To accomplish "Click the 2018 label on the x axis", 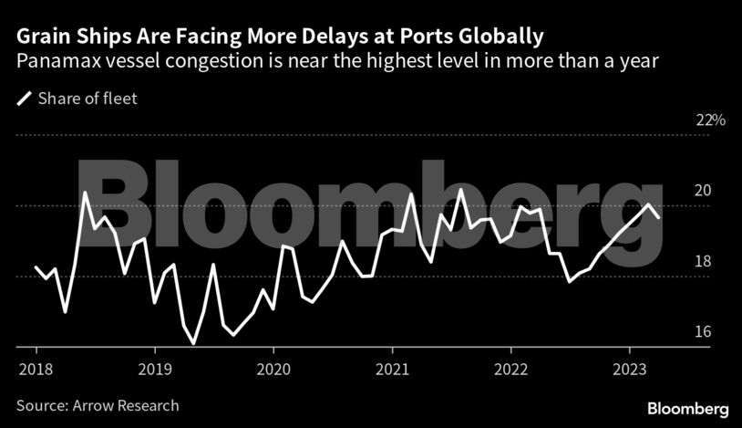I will pos(36,370).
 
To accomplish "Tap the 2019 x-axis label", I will pos(154,370).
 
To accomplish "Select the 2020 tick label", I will pos(273,370).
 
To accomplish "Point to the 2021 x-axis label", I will pos(392,370).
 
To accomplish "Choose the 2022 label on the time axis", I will pos(511,370).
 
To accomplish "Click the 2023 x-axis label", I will pos(630,370).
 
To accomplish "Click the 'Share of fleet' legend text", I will pos(88,99).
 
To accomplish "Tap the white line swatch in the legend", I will pos(25,99).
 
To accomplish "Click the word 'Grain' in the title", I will pos(42,37).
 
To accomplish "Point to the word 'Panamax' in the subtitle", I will pos(54,62).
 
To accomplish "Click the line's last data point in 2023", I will pos(659,217).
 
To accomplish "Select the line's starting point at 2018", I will pos(36,267).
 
